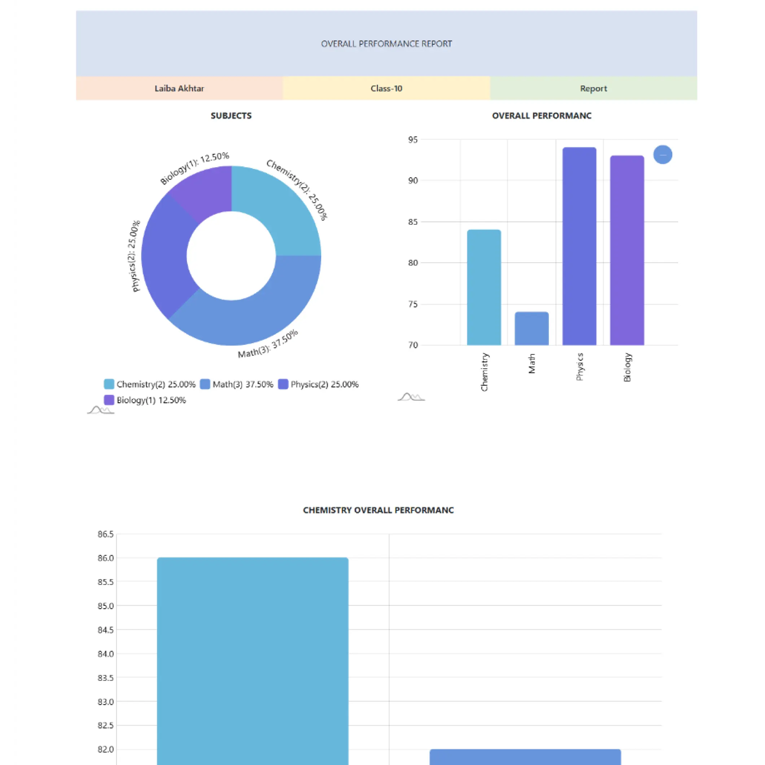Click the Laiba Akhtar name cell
(x=179, y=88)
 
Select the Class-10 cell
(x=386, y=88)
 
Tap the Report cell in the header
(x=593, y=88)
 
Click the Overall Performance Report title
(x=386, y=44)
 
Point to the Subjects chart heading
(x=231, y=115)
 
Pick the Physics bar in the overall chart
(x=579, y=245)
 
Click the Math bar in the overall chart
(x=532, y=329)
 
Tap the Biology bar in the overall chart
(x=627, y=249)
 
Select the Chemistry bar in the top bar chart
(x=484, y=287)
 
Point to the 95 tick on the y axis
(x=412, y=139)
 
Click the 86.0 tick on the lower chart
(x=106, y=558)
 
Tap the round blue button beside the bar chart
(x=663, y=154)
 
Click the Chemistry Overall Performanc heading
(x=378, y=510)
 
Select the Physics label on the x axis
(x=580, y=367)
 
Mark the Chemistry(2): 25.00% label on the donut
(x=297, y=189)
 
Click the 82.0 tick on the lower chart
(x=106, y=749)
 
